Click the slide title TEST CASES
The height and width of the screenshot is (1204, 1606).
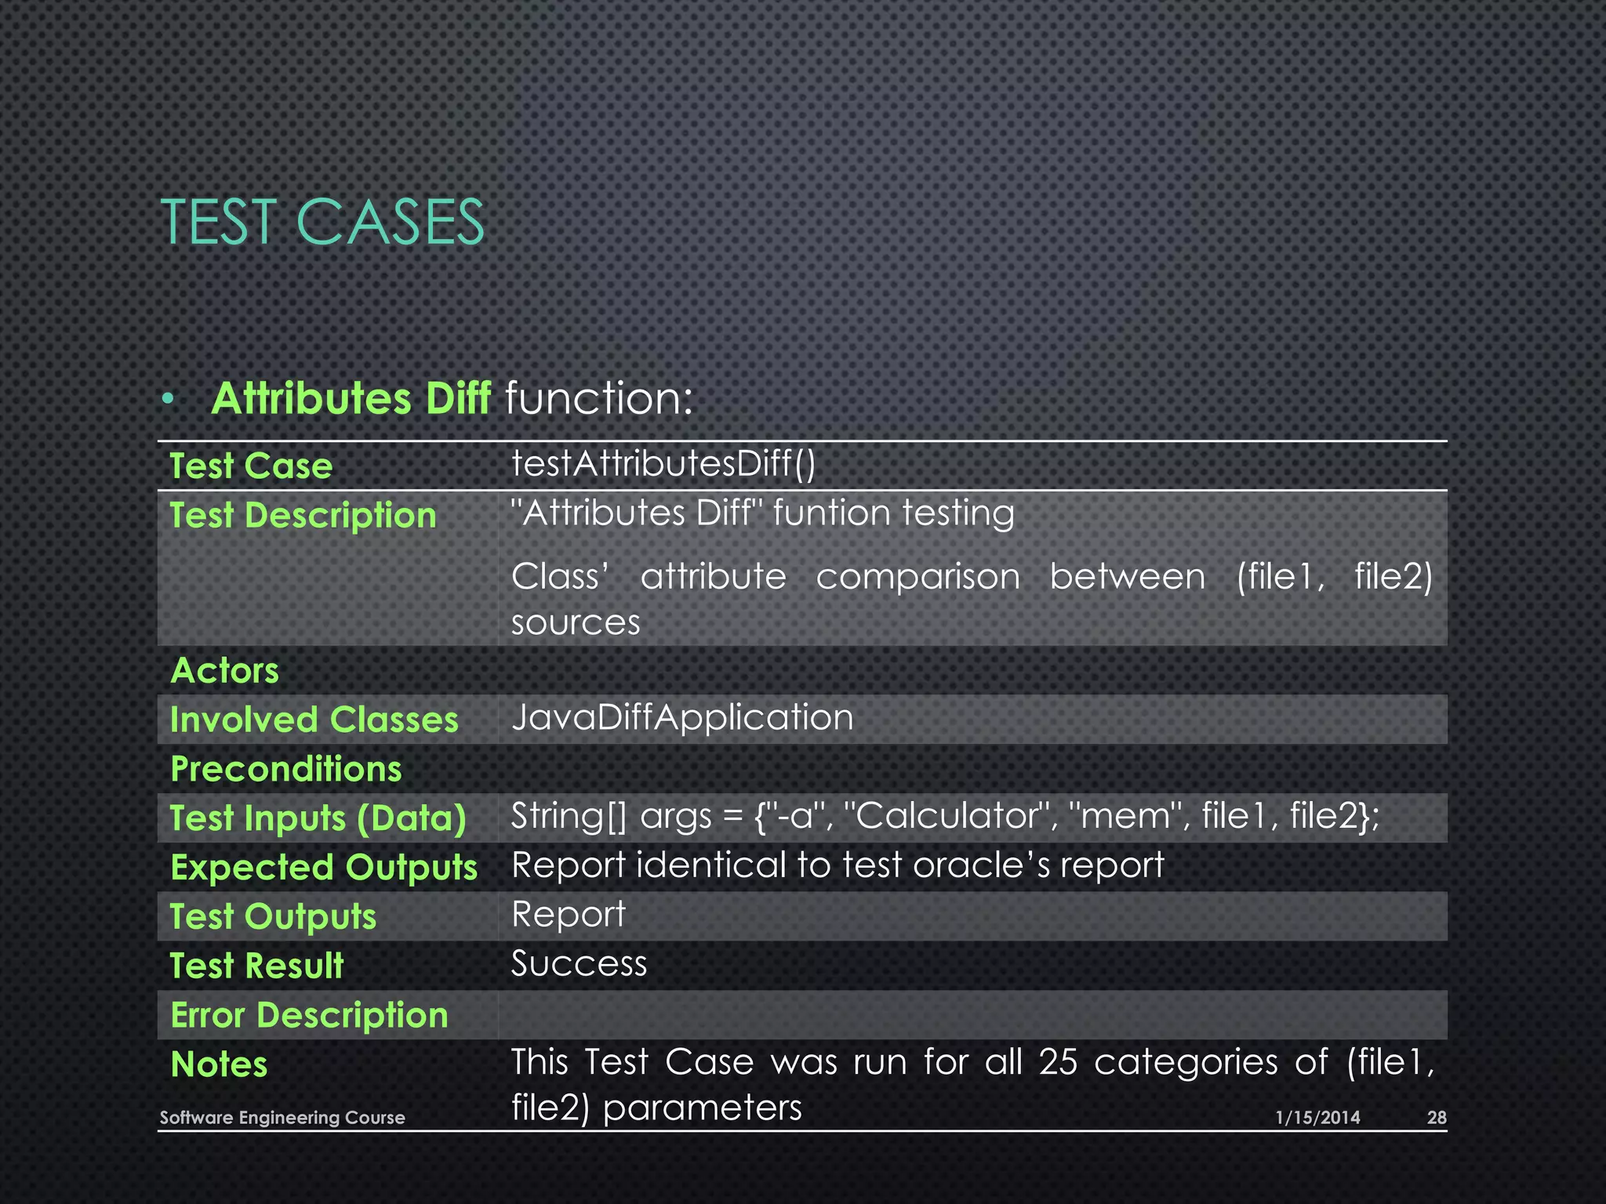322,223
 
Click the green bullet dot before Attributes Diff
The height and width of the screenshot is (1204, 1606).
168,400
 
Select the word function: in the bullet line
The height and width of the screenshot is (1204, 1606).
599,398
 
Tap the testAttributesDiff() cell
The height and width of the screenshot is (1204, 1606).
663,463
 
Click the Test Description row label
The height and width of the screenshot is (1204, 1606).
303,516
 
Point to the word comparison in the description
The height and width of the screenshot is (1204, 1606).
917,578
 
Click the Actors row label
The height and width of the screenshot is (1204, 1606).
225,671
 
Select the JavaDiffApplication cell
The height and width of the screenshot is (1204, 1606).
682,718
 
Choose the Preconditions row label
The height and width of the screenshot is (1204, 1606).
286,769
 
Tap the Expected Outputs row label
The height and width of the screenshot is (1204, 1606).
324,868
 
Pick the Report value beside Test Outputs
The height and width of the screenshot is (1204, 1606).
569,915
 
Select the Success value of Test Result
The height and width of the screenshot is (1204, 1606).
579,964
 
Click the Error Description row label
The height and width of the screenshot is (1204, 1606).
309,1015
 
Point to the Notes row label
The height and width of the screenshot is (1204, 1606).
219,1064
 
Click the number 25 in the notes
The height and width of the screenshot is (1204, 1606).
1058,1063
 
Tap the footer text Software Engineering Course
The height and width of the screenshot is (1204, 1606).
282,1118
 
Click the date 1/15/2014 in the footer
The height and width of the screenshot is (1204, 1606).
1317,1118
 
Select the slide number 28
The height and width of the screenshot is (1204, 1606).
1436,1118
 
